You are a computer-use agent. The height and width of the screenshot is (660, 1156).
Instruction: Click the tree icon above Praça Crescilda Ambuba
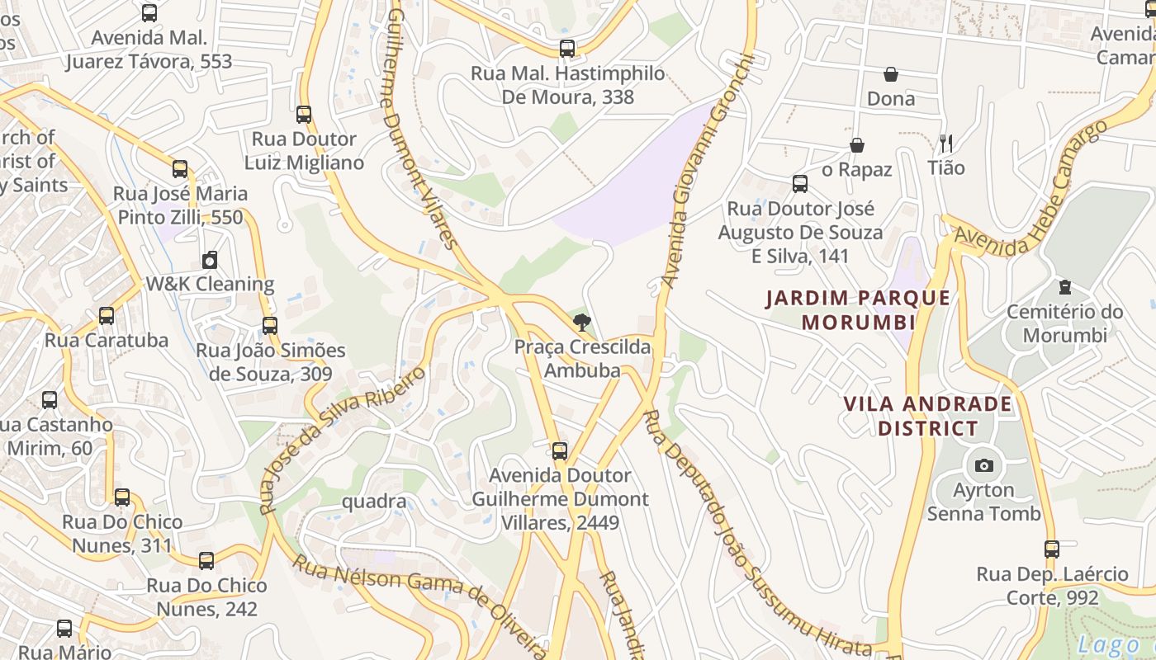(x=582, y=323)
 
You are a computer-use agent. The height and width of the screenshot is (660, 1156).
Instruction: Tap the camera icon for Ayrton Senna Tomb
(x=983, y=465)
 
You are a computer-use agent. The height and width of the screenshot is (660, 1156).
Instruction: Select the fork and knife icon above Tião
(x=946, y=144)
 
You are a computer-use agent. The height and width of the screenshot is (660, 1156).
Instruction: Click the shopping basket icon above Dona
(x=891, y=75)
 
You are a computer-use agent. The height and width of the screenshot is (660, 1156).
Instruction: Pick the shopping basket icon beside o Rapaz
(x=857, y=146)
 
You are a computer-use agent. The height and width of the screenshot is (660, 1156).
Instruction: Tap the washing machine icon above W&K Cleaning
(x=210, y=260)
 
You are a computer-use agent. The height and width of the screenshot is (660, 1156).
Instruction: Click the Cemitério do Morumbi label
(x=1064, y=323)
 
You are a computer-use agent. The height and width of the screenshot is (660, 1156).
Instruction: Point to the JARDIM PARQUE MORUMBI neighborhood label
(x=858, y=309)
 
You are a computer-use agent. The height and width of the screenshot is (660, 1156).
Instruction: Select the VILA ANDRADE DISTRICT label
(x=927, y=416)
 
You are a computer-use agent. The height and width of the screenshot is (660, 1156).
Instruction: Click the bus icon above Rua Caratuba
(x=106, y=316)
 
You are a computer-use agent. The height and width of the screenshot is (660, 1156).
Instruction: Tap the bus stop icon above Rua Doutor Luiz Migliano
(x=304, y=115)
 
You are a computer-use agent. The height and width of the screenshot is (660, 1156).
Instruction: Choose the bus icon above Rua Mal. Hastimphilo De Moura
(x=567, y=49)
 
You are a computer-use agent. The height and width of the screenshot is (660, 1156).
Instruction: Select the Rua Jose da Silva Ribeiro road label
(x=343, y=439)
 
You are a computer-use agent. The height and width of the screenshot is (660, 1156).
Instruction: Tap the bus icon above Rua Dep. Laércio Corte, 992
(x=1051, y=549)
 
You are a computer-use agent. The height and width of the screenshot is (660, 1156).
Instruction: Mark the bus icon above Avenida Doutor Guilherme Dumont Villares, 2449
(x=560, y=451)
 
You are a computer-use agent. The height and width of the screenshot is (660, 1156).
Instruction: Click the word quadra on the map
(x=373, y=502)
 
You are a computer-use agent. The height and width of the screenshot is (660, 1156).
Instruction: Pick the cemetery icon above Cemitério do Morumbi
(x=1064, y=288)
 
